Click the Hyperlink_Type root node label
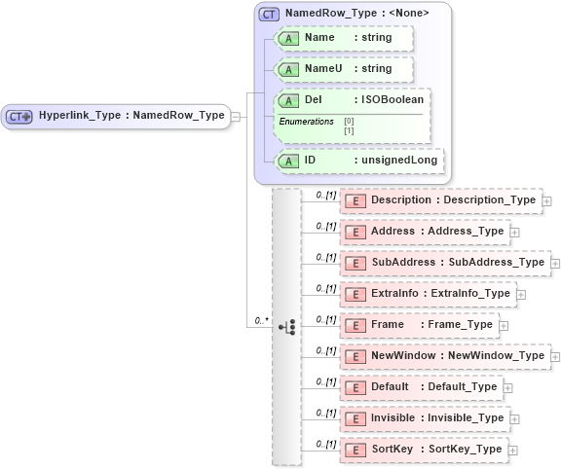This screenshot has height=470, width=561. (x=131, y=116)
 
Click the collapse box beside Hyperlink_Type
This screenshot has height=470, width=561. (x=236, y=117)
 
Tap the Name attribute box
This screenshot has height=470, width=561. (x=345, y=38)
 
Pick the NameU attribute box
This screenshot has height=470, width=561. (x=345, y=69)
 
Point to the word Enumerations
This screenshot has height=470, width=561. (x=306, y=121)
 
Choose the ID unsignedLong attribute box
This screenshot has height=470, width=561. (x=359, y=161)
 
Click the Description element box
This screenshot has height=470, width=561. (x=440, y=200)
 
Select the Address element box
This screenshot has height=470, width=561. (x=425, y=232)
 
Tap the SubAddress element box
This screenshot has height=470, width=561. (x=445, y=263)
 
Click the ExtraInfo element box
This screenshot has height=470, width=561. (x=428, y=294)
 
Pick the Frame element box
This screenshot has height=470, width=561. (x=421, y=325)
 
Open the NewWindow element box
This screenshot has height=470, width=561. (x=445, y=356)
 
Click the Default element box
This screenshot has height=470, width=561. (x=421, y=387)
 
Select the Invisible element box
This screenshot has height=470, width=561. (x=425, y=418)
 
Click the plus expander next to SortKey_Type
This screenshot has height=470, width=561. (x=513, y=451)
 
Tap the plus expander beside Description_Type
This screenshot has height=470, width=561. (x=546, y=201)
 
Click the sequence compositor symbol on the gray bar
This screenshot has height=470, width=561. (x=287, y=326)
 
